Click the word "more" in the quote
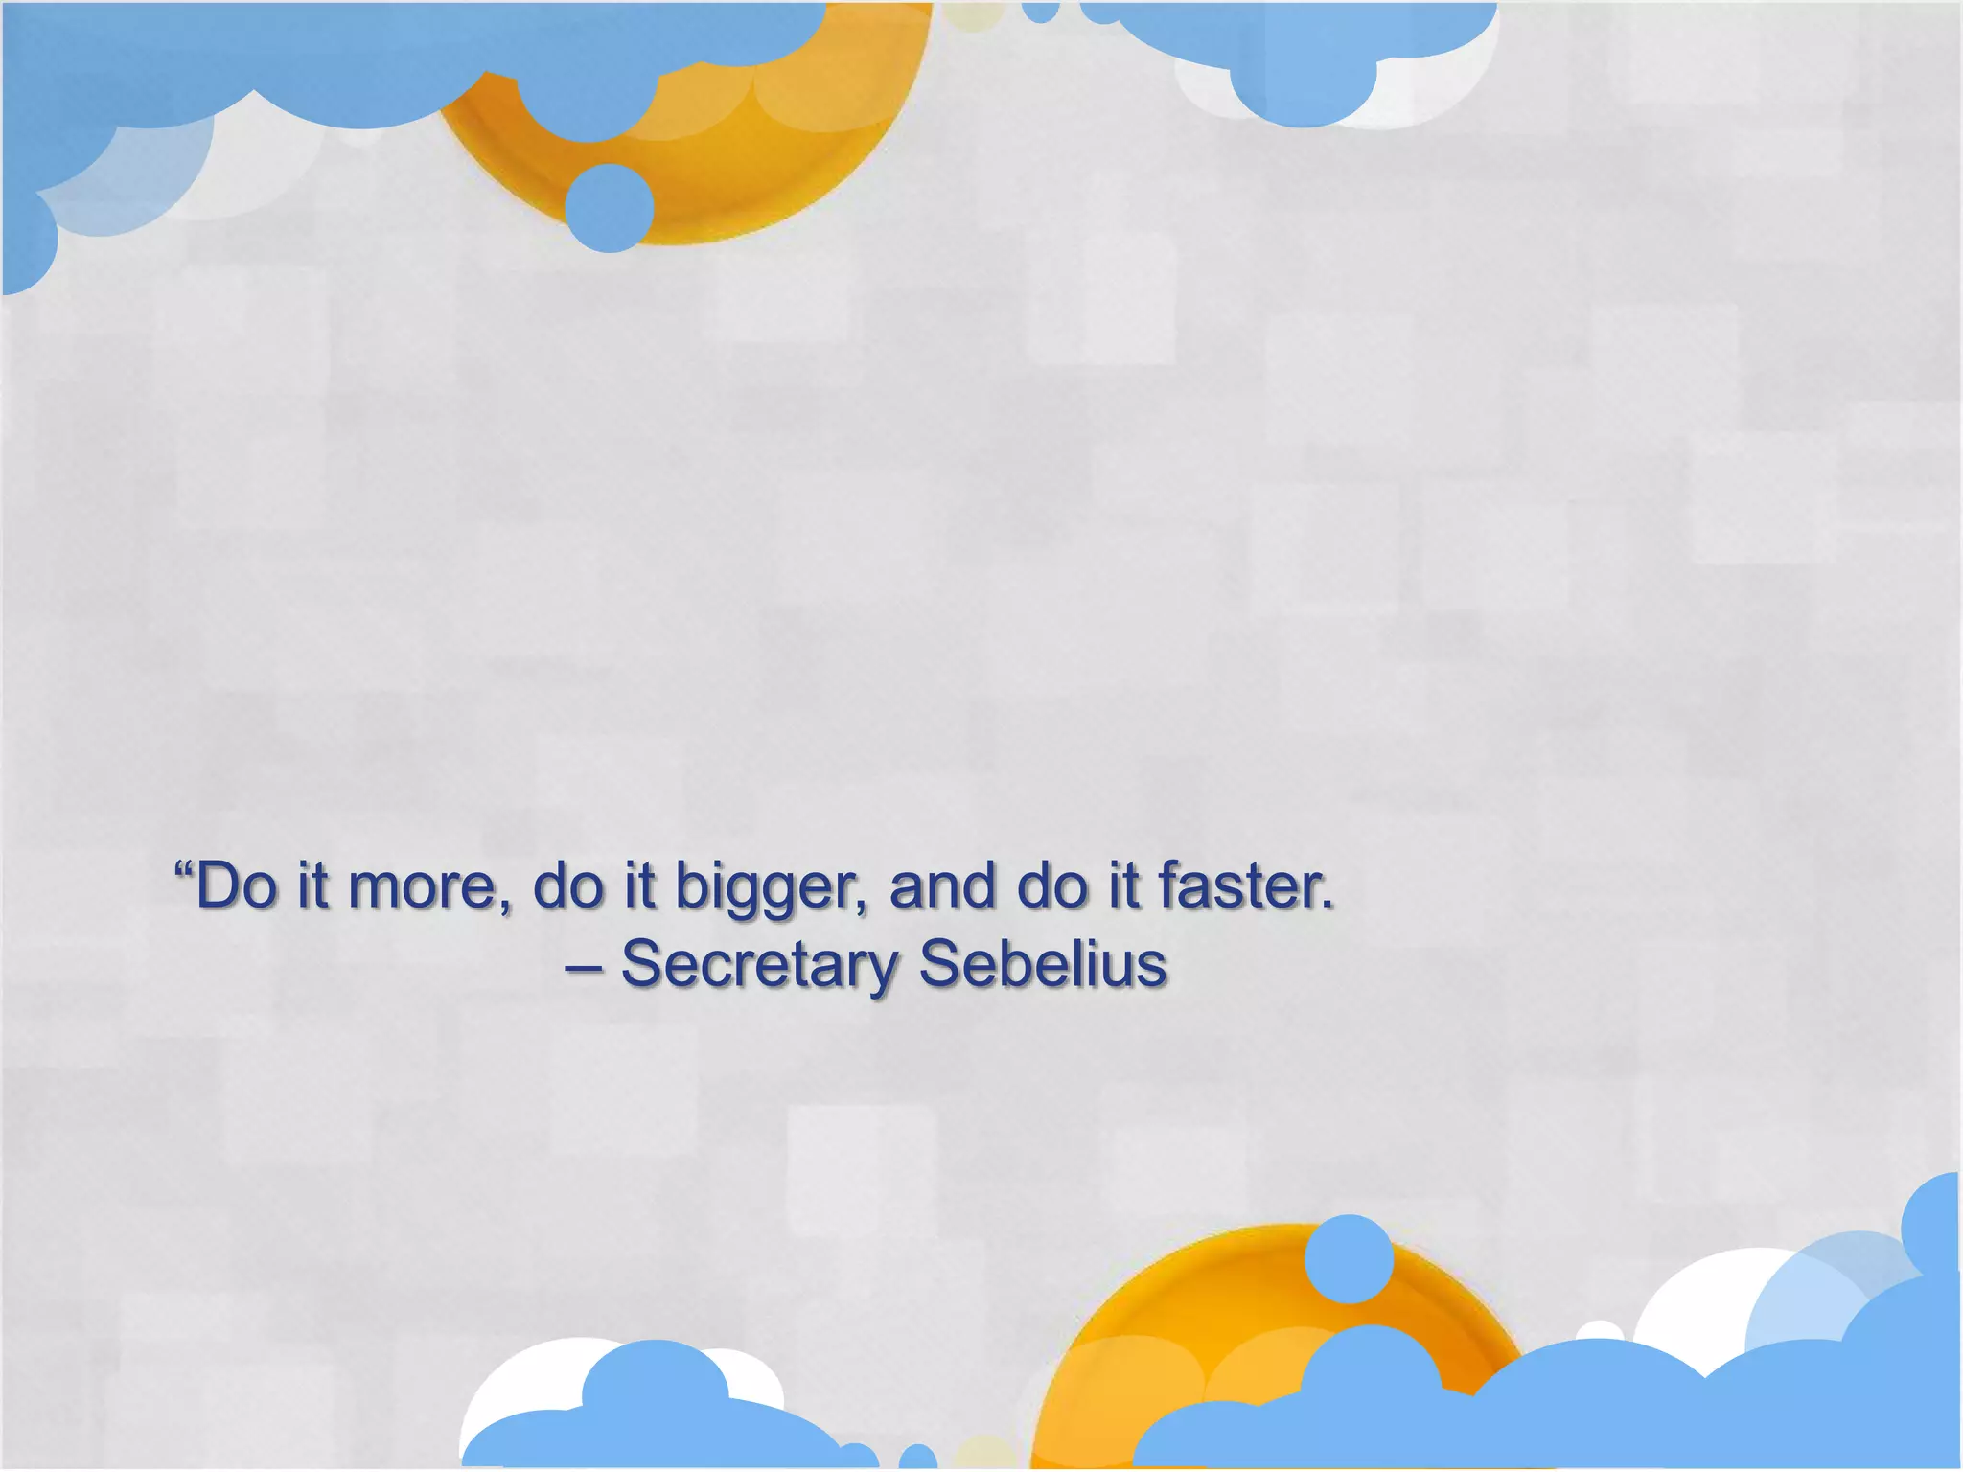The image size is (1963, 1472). point(422,887)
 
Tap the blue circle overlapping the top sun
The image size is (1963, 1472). point(610,208)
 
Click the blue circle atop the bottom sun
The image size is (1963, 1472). point(1349,1258)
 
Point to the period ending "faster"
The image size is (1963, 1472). point(1328,906)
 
